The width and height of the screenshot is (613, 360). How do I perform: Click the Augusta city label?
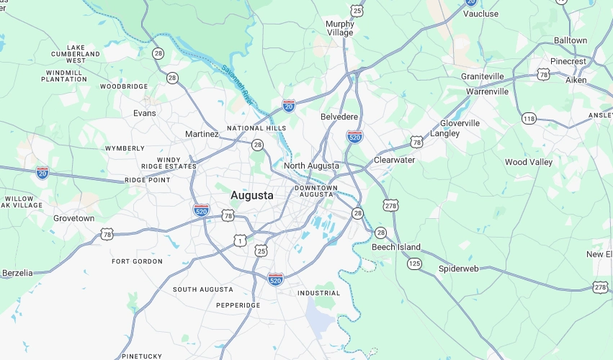click(252, 195)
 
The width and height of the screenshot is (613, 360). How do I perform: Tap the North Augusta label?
click(311, 166)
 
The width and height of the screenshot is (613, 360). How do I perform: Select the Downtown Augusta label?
click(316, 192)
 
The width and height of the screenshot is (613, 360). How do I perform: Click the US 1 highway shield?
click(240, 240)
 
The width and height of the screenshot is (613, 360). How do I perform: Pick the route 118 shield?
click(529, 119)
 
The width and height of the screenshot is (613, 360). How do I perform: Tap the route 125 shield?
click(414, 264)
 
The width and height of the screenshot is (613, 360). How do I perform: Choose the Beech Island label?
click(396, 247)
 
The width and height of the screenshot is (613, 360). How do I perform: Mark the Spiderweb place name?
click(459, 269)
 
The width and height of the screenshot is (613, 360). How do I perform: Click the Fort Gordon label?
click(137, 261)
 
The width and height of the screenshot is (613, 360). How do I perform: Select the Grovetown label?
click(73, 218)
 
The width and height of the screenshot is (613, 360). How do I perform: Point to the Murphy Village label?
click(340, 28)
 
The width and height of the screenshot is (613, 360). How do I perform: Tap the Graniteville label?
click(482, 76)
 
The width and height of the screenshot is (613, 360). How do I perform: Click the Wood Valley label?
click(529, 163)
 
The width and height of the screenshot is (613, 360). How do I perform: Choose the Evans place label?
click(144, 113)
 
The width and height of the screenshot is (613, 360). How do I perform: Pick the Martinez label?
click(202, 134)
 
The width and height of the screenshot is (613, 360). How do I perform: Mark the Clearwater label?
click(395, 160)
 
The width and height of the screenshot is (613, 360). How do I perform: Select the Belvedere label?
click(339, 117)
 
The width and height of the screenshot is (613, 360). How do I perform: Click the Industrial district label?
click(318, 293)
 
